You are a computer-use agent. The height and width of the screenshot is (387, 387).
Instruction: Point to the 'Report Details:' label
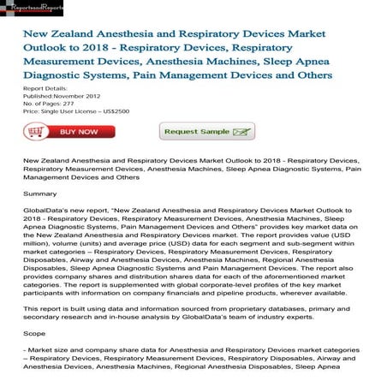(x=45, y=88)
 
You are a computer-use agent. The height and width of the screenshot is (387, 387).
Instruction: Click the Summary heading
(x=40, y=194)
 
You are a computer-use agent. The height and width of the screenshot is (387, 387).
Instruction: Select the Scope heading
(x=35, y=357)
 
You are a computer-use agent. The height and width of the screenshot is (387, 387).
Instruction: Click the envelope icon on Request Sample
(x=243, y=132)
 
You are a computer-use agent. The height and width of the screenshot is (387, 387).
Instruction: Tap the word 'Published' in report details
(x=39, y=96)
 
